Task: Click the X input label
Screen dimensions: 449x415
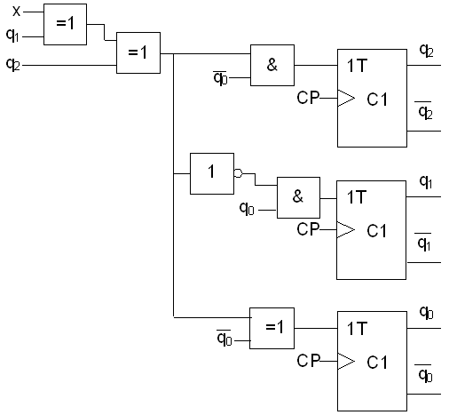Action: coord(17,12)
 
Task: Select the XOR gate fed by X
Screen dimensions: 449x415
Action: coord(65,24)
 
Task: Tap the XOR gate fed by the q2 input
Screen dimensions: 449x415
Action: coord(138,52)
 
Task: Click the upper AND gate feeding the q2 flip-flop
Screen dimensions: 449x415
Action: coord(272,65)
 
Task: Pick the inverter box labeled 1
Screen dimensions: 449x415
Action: coord(212,173)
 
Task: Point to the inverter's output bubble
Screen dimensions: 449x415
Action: coord(239,173)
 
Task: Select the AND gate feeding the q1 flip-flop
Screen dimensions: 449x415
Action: coord(298,197)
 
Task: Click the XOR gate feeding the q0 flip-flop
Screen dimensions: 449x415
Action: coord(272,328)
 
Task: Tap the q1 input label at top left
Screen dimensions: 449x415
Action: coord(12,36)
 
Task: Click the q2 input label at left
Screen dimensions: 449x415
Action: coord(13,64)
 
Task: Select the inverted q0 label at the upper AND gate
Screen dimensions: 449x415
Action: coord(220,78)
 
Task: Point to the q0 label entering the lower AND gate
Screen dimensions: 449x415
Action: coord(247,208)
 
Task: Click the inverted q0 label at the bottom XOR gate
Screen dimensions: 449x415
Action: coord(224,338)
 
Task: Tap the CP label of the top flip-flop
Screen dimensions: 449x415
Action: coord(308,98)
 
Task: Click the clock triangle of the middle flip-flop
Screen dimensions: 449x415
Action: coord(346,229)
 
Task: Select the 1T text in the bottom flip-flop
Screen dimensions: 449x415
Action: coord(358,328)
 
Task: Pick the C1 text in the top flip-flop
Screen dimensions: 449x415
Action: coord(377,100)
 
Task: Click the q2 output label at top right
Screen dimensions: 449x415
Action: coord(427,51)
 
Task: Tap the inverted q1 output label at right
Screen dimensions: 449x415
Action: coord(424,243)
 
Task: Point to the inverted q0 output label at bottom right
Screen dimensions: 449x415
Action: coord(425,373)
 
